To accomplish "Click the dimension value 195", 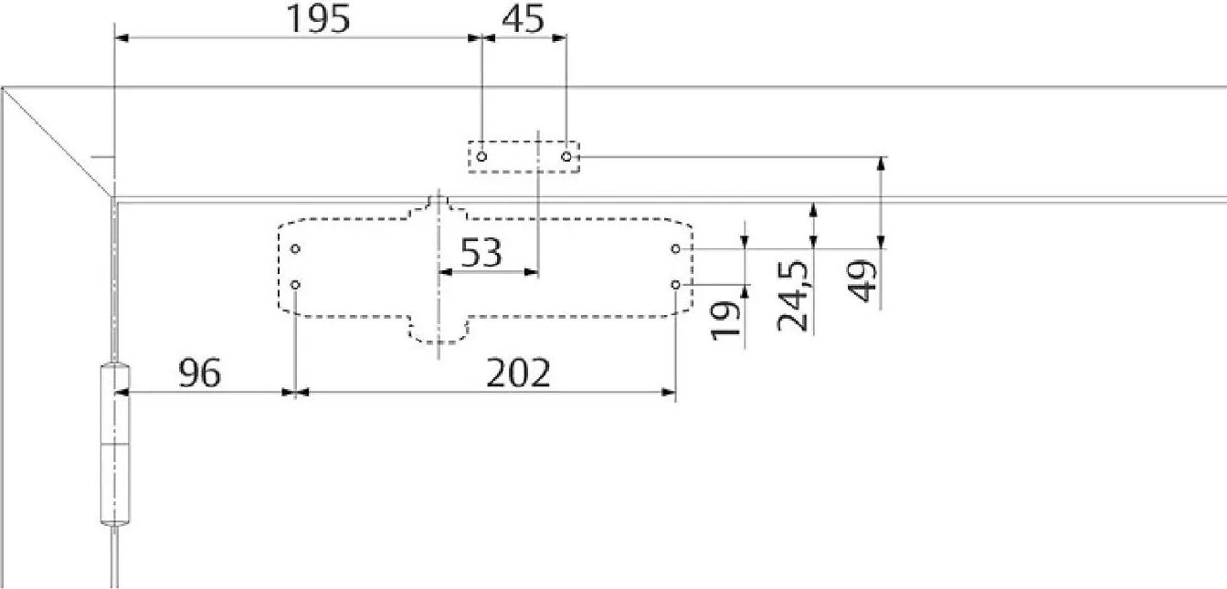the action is [318, 19].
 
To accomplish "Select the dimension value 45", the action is [524, 19].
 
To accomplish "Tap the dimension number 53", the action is [481, 252].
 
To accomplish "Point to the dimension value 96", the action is [200, 373].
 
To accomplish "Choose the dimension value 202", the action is [518, 373].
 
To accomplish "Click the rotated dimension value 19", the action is [725, 321].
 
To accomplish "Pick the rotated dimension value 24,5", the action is [793, 296].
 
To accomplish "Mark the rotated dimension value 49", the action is [861, 281].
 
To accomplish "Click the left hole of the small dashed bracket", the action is [481, 157].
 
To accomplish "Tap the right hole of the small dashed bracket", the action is [566, 157].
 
